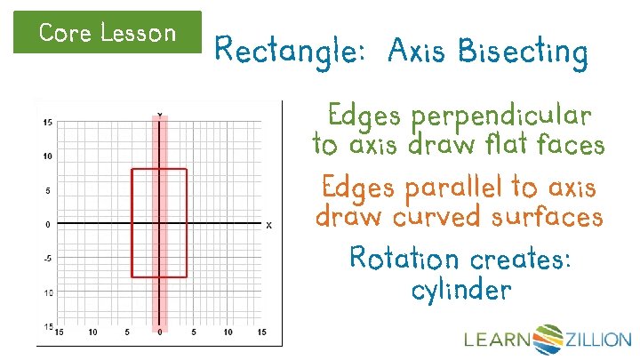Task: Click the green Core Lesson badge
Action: click(108, 33)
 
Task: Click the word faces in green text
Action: click(569, 143)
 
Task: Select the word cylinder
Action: click(461, 289)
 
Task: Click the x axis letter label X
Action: click(268, 226)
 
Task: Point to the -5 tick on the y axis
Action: click(46, 259)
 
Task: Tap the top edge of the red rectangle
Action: click(159, 169)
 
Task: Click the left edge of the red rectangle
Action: click(132, 222)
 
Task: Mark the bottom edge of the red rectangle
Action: click(159, 276)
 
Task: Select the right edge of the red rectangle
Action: click(187, 222)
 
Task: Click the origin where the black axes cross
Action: click(159, 223)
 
